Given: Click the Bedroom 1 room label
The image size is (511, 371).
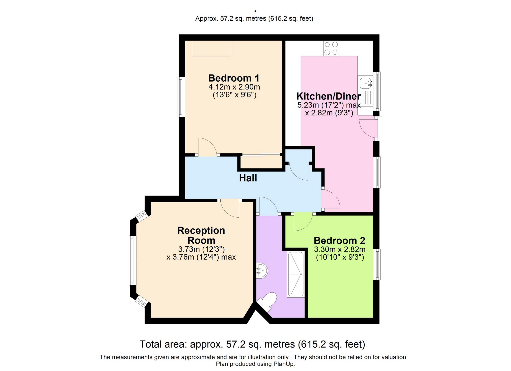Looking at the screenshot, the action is point(234,78).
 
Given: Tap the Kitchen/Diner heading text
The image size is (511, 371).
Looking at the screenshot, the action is point(329,96).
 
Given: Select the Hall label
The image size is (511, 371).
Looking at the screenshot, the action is point(248,178).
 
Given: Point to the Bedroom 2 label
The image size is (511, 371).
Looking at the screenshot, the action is point(339,241).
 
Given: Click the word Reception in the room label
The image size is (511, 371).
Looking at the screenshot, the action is point(201,230).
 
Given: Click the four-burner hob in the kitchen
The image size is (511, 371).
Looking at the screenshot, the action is point(331,48).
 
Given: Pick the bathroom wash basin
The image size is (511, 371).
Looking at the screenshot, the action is point(262,271).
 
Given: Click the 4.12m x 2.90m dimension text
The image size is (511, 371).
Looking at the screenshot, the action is point(234,87).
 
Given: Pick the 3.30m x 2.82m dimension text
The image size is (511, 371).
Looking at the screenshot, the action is point(340,250).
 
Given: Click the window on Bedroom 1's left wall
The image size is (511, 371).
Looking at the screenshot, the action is point(181,97).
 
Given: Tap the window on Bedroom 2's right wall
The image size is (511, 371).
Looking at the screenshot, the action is point(376,264).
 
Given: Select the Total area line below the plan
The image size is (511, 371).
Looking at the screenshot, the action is point(252,344).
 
